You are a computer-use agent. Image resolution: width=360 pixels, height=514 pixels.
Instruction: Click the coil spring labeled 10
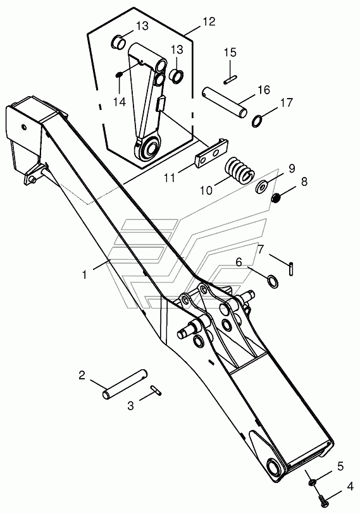point(239,169)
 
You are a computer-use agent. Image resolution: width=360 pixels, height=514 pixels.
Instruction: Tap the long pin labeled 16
point(225,102)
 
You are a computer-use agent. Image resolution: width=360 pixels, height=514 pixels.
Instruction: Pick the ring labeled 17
point(258,121)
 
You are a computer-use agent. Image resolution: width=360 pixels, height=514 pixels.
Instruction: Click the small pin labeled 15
point(231,80)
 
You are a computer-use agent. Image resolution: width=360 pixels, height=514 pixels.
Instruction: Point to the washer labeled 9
point(263,187)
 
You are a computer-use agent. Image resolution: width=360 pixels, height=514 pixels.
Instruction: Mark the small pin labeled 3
point(156,390)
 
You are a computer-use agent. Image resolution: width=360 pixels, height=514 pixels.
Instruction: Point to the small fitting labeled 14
point(119,75)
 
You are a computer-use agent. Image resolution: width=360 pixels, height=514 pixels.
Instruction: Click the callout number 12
point(208,21)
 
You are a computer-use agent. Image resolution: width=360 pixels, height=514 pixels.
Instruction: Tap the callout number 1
point(85,274)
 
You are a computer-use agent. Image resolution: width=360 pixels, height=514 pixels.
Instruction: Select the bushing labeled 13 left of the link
point(119,42)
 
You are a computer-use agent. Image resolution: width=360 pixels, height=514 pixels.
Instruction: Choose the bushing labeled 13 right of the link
point(177,76)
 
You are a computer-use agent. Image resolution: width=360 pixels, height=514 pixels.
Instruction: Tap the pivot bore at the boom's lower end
point(274,466)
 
